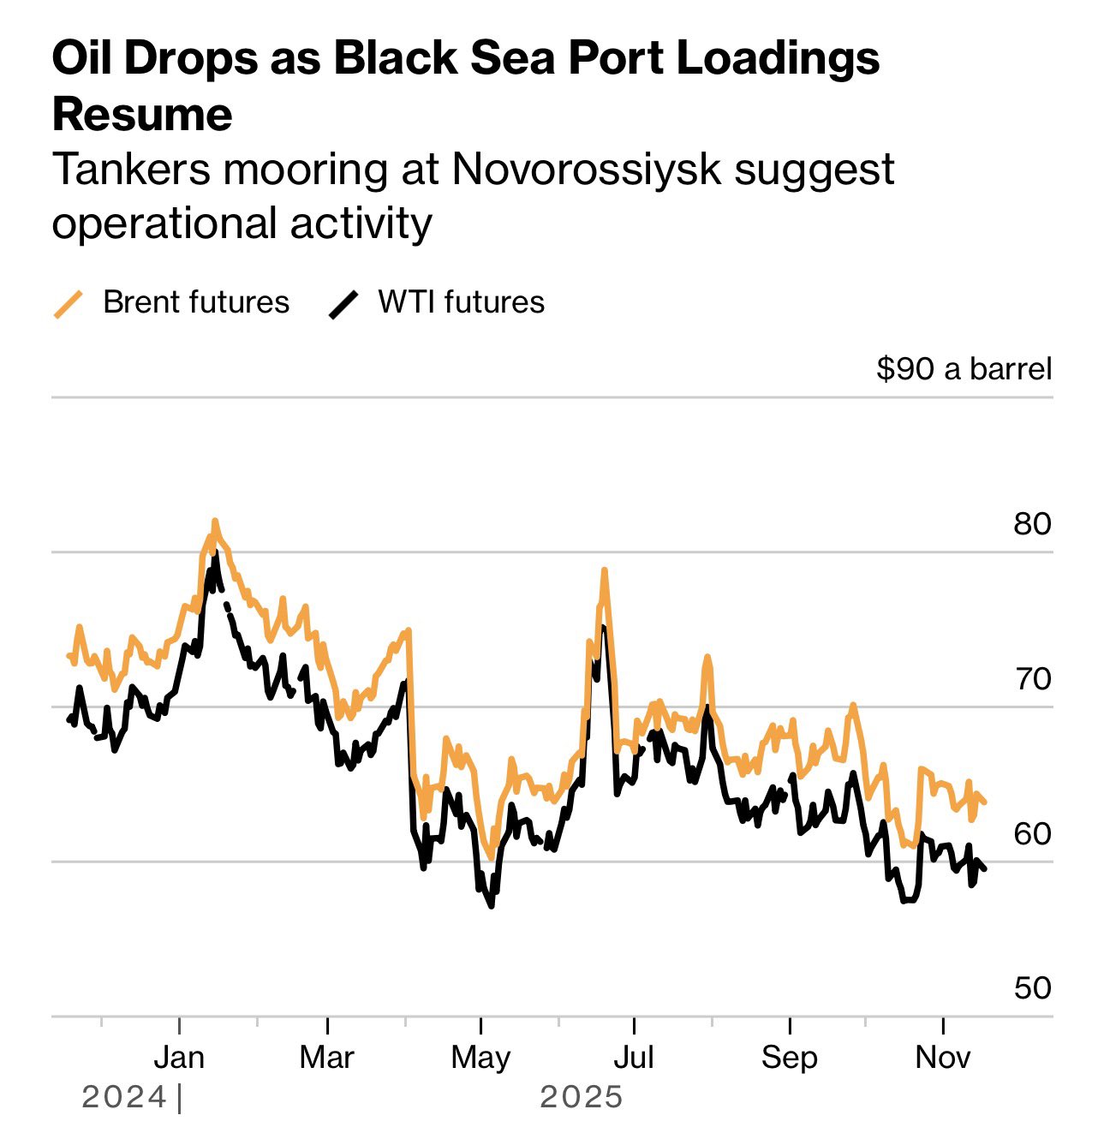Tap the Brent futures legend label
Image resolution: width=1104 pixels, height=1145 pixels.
coord(196,302)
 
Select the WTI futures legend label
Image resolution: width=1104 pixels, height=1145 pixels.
coord(461,302)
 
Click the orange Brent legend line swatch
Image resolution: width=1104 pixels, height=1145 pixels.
coord(69,304)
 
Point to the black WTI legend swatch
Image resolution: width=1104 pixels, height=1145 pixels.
coord(343,304)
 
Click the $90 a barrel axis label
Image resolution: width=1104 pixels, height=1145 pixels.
coord(964,369)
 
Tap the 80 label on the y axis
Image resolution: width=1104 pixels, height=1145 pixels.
coord(1032,523)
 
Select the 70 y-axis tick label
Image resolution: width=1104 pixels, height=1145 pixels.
coord(1032,678)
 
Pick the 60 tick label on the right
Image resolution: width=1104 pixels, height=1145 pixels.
coord(1032,833)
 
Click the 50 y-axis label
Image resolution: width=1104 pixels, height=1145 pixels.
coord(1032,987)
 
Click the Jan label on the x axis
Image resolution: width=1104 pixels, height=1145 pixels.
coord(179,1058)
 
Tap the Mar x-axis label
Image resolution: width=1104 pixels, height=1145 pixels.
coord(326,1058)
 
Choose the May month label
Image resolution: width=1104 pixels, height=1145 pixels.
coord(480,1058)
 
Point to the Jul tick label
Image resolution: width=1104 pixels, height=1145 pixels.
coord(634,1058)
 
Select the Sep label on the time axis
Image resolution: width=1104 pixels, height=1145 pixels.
coord(789,1058)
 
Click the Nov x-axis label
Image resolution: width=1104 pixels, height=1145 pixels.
coord(942,1058)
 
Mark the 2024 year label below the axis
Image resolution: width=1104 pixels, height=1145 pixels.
coord(124,1097)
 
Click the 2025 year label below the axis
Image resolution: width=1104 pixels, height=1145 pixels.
coord(582,1097)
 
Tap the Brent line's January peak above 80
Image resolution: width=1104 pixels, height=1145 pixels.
coord(215,521)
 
